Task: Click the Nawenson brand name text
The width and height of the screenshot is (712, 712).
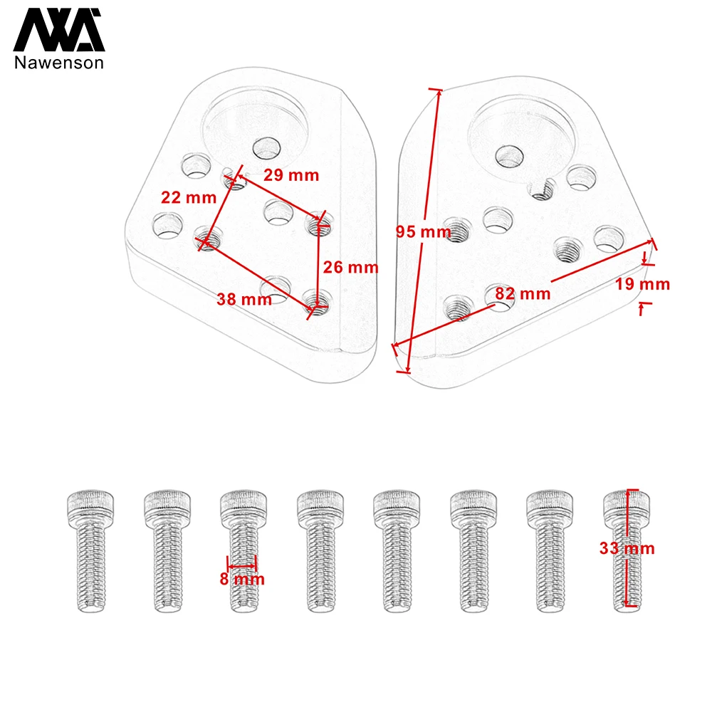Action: (x=59, y=63)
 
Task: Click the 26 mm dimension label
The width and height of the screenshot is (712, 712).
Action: (x=350, y=268)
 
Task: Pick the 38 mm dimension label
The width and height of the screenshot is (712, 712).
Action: (x=244, y=300)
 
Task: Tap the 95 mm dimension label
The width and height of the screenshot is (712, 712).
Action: (x=419, y=231)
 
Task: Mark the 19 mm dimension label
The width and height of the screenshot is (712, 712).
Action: (x=643, y=284)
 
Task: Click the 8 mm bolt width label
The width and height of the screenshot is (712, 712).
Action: (x=241, y=579)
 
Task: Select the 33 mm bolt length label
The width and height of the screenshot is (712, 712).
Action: (x=627, y=548)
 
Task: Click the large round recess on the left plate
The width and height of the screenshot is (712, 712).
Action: (x=256, y=122)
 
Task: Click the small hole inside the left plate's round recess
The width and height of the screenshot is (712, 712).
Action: (x=267, y=148)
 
